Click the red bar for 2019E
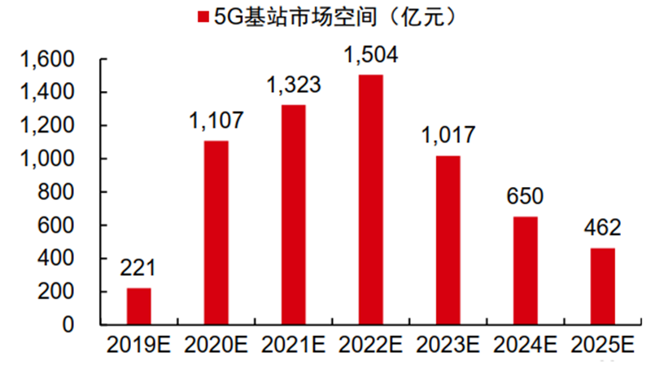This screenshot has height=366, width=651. [138, 307]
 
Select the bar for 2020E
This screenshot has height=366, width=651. [216, 233]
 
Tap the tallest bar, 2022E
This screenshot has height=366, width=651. [370, 200]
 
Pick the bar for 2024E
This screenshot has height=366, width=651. [525, 271]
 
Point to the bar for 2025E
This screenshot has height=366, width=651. [602, 286]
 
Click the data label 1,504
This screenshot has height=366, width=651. [370, 57]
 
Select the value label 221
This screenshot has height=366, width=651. [138, 268]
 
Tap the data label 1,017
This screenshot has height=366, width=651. [448, 136]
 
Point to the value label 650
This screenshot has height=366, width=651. [525, 197]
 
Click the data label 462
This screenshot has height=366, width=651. [602, 228]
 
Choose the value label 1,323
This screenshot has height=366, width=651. [294, 85]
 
